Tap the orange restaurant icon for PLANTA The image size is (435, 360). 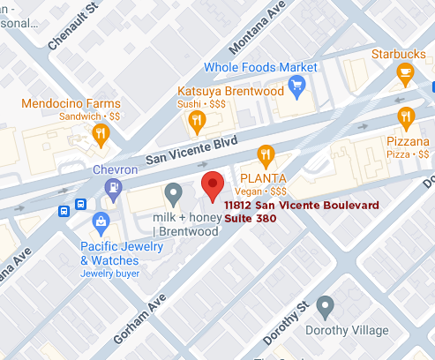(x=264, y=153)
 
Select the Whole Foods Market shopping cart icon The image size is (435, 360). (x=297, y=89)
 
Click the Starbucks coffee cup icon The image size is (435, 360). (x=406, y=75)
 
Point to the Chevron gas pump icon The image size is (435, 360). (x=112, y=187)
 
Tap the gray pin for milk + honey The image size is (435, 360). (x=175, y=192)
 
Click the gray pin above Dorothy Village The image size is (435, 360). (x=325, y=307)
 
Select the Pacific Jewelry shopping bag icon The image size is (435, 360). (x=102, y=221)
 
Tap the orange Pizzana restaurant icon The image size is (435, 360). (x=406, y=116)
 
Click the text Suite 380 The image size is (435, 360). (x=251, y=218)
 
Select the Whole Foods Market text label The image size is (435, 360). (x=260, y=67)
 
